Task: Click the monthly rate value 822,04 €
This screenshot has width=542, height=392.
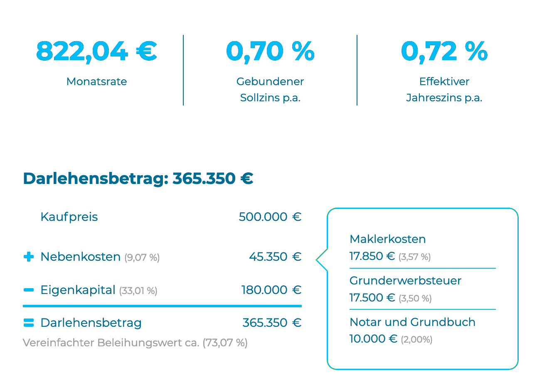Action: coord(96,51)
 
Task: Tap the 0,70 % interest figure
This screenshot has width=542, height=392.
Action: coord(270,51)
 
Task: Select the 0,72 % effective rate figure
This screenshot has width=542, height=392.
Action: coord(444,51)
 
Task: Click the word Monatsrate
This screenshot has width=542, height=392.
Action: coord(96,81)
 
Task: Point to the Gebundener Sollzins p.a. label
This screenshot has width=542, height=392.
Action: coord(270,90)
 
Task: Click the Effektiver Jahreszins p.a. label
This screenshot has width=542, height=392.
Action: coord(444,90)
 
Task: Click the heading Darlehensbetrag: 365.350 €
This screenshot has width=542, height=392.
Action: coord(138,179)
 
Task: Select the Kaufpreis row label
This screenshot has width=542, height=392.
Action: coord(69,217)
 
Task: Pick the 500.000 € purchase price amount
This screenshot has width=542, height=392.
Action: coord(270,217)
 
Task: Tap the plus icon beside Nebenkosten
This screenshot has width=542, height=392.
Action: coord(29,257)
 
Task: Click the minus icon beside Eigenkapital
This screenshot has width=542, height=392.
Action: coord(29,290)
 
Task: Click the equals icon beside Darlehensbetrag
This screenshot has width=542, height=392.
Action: coord(29,323)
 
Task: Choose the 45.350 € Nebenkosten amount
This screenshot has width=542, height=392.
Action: coord(275,257)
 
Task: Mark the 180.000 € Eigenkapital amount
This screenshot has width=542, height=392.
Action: coord(271,290)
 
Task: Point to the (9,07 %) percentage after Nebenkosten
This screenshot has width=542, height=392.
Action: coord(142,257)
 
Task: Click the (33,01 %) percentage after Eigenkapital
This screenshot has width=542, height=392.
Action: coord(138,291)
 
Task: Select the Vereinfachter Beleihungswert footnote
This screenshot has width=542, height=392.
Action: coord(135,343)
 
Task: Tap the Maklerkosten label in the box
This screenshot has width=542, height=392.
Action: coord(387,239)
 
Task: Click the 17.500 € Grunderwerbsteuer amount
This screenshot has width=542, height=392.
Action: coord(372,298)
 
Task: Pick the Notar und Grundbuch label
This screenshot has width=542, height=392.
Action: coord(412,322)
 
